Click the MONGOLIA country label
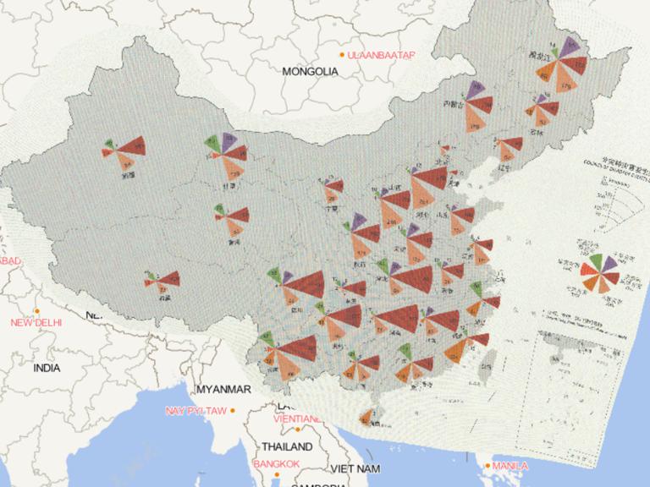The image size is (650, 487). tap(310, 72)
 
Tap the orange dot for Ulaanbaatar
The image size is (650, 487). tap(342, 55)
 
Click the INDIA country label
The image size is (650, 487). tap(47, 369)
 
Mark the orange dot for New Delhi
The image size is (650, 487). tap(36, 310)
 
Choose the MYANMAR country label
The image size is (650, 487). tap(223, 390)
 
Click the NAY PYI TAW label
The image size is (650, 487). tap(196, 411)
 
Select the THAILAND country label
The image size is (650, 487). tap(287, 446)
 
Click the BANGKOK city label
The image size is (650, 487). tap(276, 464)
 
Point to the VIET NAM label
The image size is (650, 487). tap(355, 468)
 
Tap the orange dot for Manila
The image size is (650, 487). tap(488, 465)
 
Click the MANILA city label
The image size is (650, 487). tap(510, 466)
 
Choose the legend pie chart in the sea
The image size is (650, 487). tap(598, 272)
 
